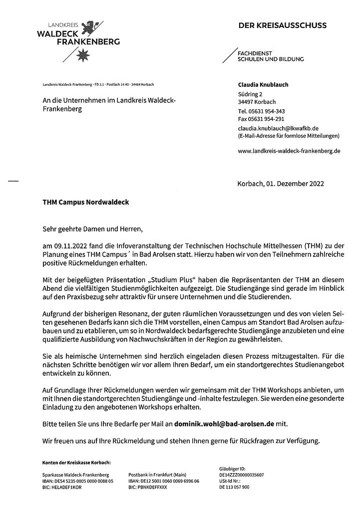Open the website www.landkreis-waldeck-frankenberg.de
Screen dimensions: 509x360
click(289, 150)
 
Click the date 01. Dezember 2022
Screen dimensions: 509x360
click(295, 183)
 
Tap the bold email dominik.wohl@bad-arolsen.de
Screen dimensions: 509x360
click(224, 424)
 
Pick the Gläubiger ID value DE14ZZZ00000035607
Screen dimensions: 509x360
click(241, 475)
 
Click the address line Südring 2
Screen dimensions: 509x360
click(250, 94)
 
